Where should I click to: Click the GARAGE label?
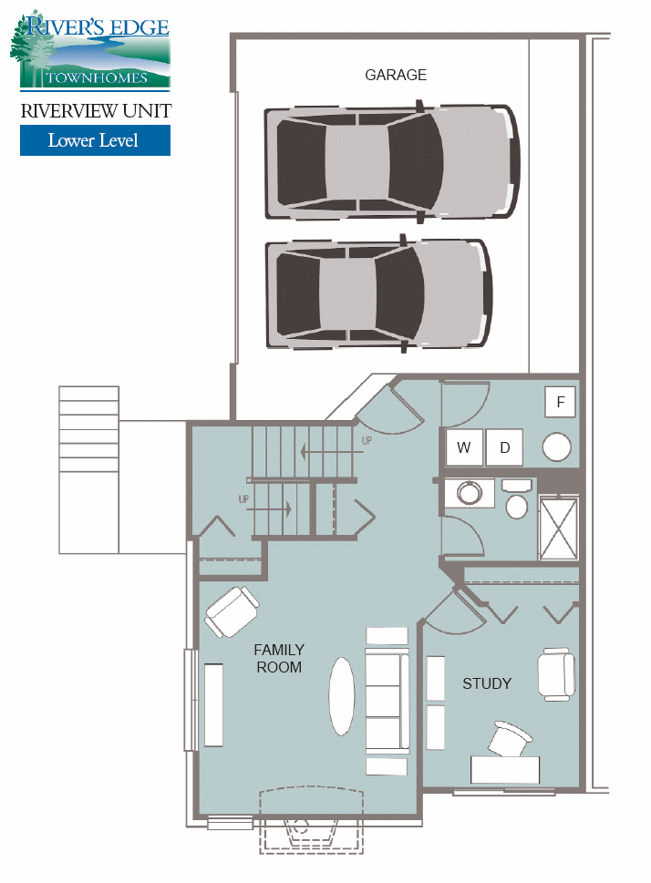click(x=396, y=75)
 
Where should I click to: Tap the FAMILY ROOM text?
click(x=279, y=659)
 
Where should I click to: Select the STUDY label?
click(x=487, y=683)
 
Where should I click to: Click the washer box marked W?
click(x=464, y=447)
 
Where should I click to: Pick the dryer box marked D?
click(x=504, y=447)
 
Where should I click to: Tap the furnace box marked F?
click(x=561, y=402)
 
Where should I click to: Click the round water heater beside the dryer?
click(x=556, y=447)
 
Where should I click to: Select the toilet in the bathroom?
click(x=516, y=501)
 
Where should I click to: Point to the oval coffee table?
click(x=342, y=695)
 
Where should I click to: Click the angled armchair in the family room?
click(x=232, y=611)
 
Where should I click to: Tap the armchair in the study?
click(x=556, y=674)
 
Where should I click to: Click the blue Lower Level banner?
click(x=95, y=140)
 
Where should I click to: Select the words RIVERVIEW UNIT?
click(x=95, y=111)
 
